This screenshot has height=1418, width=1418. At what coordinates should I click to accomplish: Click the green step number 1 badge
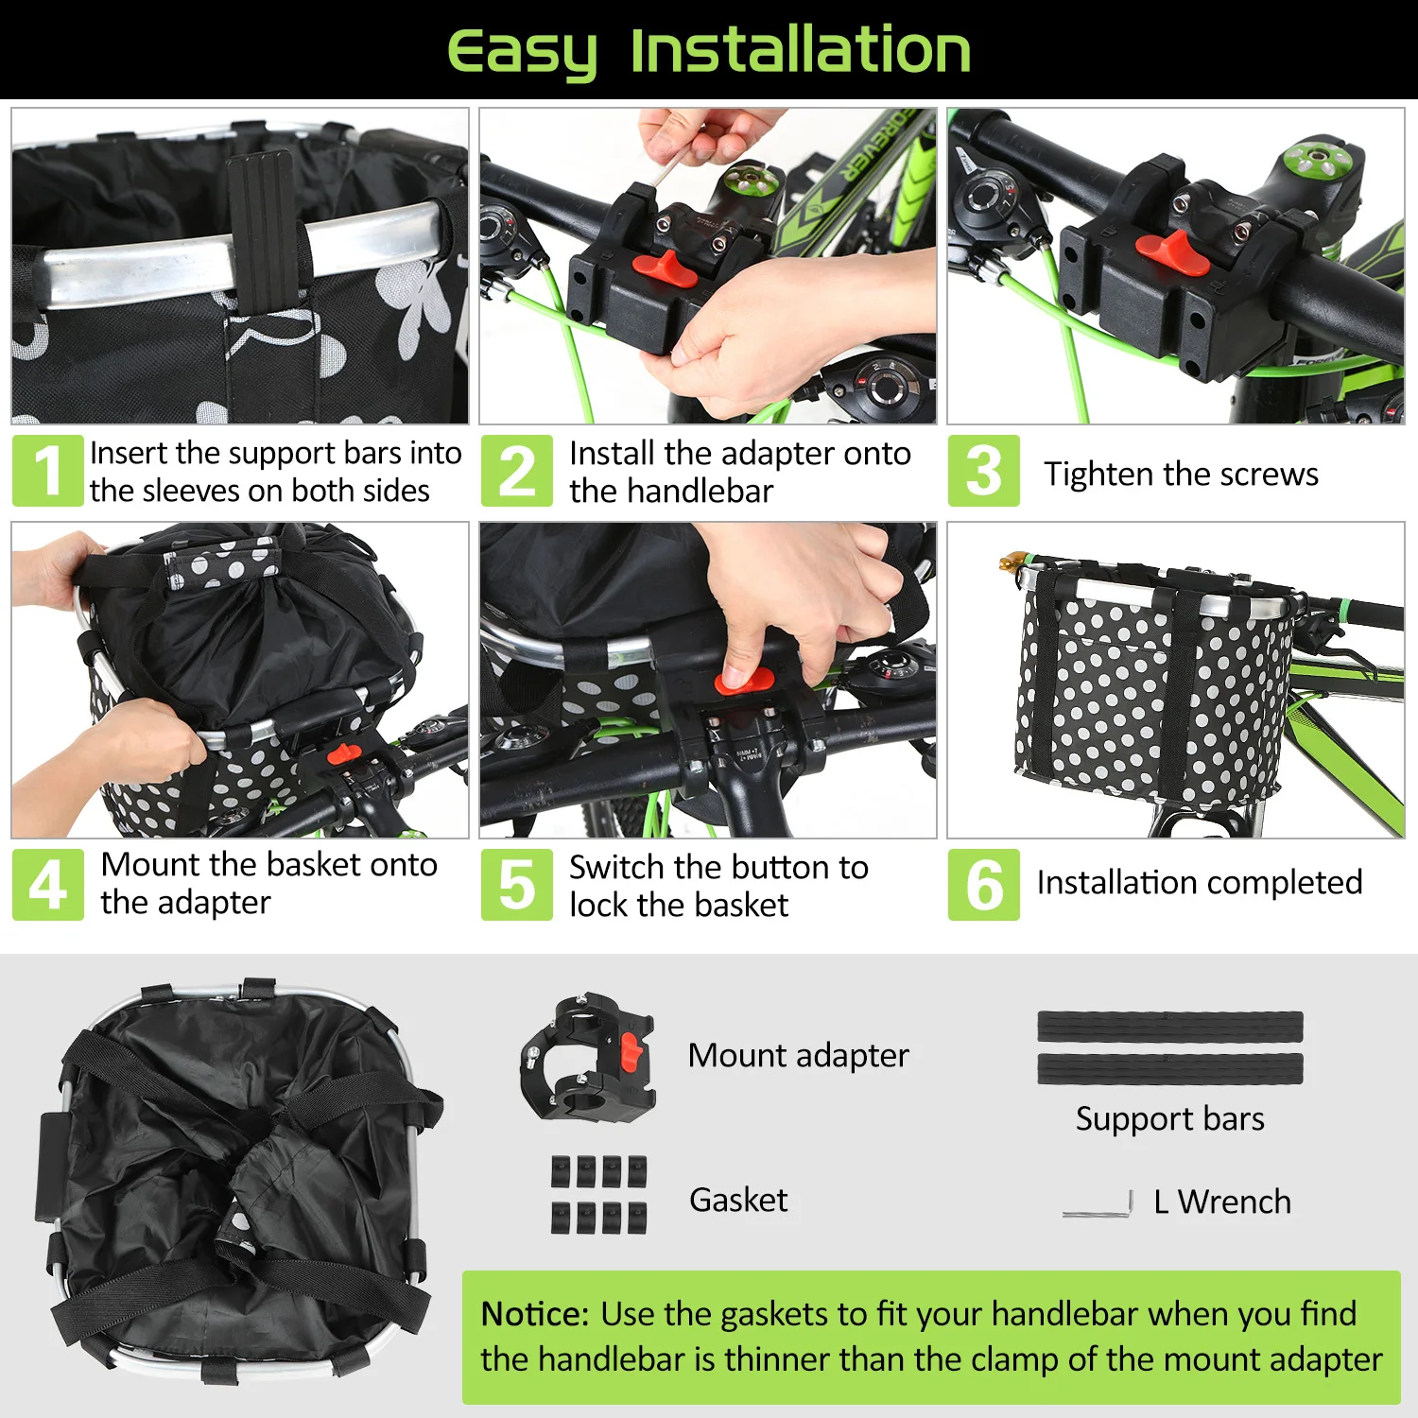coord(47,471)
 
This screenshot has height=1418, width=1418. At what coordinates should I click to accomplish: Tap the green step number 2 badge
coord(516,471)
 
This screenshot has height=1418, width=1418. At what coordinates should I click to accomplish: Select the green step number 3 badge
coord(983,471)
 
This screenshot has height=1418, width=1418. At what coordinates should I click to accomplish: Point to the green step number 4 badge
coord(47,885)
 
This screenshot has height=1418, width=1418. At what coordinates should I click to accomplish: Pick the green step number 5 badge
coord(516,885)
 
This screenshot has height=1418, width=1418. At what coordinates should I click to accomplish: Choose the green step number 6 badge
coord(983,885)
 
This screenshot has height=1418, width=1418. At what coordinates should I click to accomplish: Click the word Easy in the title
coord(522,51)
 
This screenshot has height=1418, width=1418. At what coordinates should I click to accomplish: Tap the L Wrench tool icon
coord(1098,1206)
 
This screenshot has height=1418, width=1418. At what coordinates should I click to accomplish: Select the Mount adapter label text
coord(798,1055)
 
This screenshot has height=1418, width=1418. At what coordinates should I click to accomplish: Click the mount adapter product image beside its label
coord(588,1056)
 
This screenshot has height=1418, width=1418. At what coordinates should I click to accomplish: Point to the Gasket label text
coord(738,1200)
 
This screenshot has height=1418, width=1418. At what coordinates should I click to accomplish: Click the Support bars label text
coord(1169,1118)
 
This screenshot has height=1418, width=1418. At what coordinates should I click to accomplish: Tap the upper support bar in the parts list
coord(1170,1027)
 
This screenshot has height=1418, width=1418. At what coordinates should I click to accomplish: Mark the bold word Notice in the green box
coord(534,1314)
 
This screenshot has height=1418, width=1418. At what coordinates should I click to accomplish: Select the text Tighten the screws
coord(1181,474)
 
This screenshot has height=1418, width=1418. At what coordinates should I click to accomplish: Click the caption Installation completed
coord(1199,882)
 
